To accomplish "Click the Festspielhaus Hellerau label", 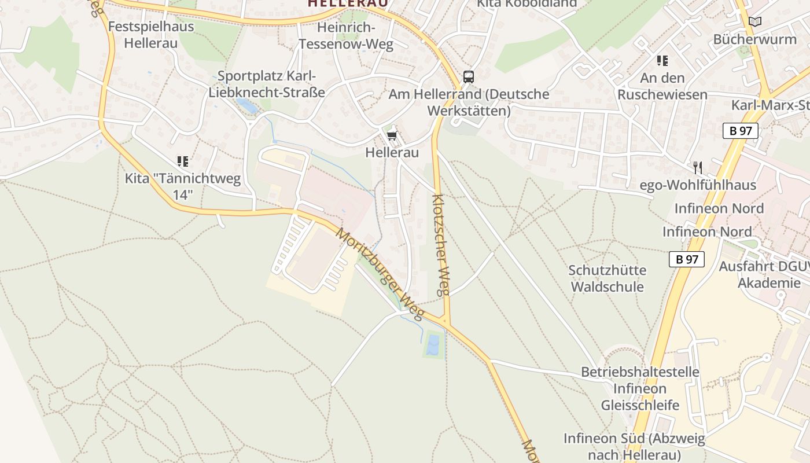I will coord(151,34).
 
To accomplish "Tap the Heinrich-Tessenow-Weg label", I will coord(346,36).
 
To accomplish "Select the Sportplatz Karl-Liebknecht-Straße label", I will coord(267,84).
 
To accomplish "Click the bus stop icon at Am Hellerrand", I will coord(469,77).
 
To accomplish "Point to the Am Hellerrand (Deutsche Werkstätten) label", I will coord(469,102).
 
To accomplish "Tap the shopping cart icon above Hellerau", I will coord(392,136).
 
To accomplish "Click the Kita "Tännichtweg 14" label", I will coord(182,186).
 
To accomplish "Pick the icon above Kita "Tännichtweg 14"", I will coord(183,161).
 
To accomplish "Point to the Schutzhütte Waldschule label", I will coord(607,278).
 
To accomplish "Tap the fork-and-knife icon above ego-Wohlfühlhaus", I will coord(698,168).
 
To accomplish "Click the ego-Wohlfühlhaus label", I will coord(698,185).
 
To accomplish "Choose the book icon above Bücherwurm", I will coord(755,22).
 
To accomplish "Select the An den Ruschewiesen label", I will coord(662,86).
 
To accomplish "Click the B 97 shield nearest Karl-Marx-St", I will coord(740,131).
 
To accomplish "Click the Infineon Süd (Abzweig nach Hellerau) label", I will coord(634,446).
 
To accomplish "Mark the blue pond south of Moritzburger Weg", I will coord(433,344).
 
